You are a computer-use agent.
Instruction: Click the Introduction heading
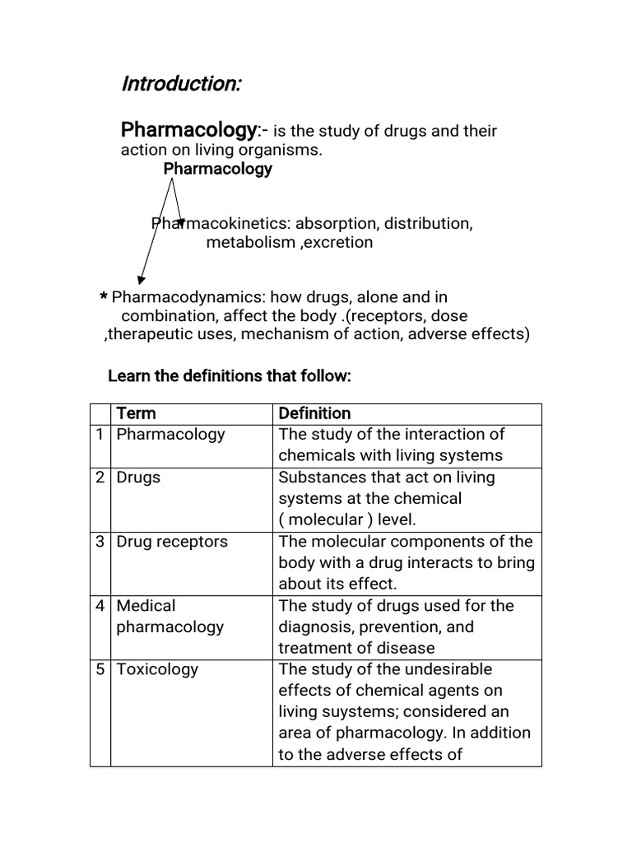click(x=181, y=84)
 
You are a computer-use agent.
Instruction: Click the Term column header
click(x=136, y=413)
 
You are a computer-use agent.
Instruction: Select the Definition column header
click(x=314, y=413)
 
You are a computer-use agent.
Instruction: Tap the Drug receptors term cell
click(x=172, y=542)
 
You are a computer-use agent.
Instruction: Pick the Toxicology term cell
click(x=157, y=669)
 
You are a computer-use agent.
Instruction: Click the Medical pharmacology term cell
click(x=170, y=616)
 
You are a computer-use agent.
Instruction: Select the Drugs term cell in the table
click(x=138, y=477)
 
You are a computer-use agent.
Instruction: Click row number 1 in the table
click(x=100, y=435)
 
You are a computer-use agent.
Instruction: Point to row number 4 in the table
click(x=100, y=606)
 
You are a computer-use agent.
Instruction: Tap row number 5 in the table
click(x=100, y=669)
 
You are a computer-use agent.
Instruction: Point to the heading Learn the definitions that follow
click(x=230, y=376)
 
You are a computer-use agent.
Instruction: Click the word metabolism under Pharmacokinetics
click(x=249, y=242)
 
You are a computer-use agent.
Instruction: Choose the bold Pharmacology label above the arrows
click(x=217, y=169)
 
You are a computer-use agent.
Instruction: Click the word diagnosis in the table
click(x=314, y=626)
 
